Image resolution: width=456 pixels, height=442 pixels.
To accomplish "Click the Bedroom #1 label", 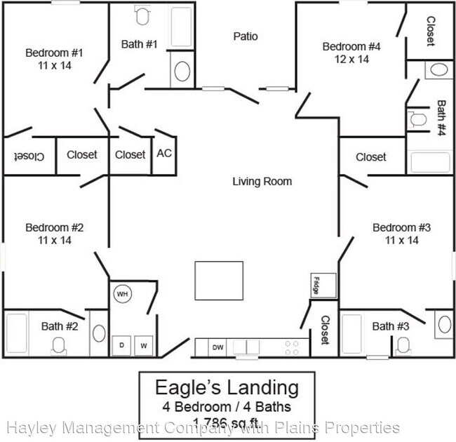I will pyautogui.click(x=55, y=53).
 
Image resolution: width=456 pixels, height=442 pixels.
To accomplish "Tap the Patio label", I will pyautogui.click(x=246, y=36).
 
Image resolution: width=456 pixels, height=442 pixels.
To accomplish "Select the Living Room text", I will pyautogui.click(x=262, y=182).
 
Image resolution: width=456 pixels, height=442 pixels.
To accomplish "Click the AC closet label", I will pyautogui.click(x=163, y=153).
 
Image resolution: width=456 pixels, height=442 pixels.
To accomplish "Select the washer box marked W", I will pyautogui.click(x=144, y=345).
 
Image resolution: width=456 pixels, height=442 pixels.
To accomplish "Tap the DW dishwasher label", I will pyautogui.click(x=218, y=347).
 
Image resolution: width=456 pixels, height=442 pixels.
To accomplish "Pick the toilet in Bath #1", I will pyautogui.click(x=142, y=15).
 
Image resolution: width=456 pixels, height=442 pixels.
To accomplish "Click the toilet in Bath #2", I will pyautogui.click(x=58, y=345).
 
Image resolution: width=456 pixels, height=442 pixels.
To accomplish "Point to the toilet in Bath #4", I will pyautogui.click(x=418, y=119).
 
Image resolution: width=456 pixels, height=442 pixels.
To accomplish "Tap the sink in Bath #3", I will pyautogui.click(x=444, y=323).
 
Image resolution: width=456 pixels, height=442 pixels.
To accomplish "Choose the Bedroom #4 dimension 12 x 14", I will pyautogui.click(x=351, y=60).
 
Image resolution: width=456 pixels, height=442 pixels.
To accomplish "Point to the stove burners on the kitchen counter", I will pyautogui.click(x=292, y=347).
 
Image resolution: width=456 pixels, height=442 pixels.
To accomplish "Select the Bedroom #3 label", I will pyautogui.click(x=401, y=227).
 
